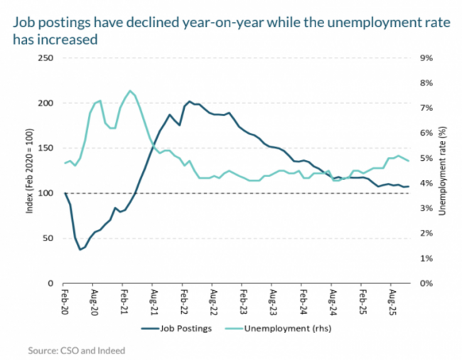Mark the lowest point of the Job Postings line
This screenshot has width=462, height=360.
click(80, 250)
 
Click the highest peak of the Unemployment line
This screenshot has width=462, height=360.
click(129, 90)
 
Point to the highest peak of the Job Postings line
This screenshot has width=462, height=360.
click(190, 101)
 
